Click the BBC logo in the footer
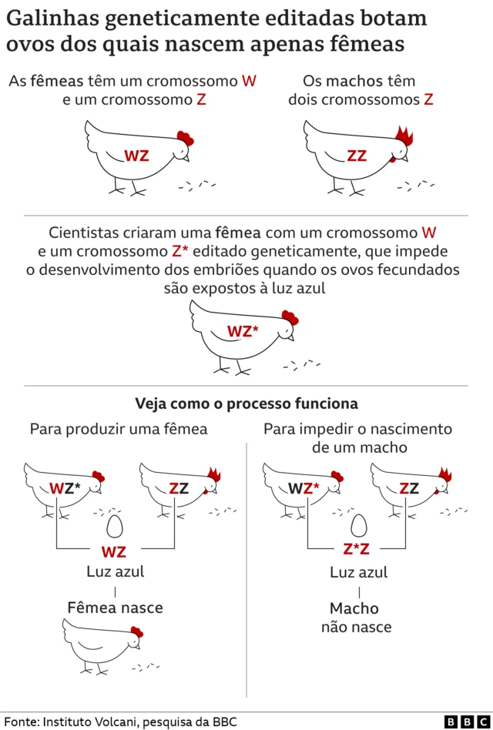tap(461, 722)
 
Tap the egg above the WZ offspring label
tap(114, 527)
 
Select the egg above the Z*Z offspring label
tap(357, 527)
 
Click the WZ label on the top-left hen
tap(136, 156)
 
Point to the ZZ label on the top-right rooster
tap(357, 156)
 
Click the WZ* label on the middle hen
tap(243, 331)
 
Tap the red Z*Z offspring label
tap(357, 550)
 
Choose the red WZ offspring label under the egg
tap(114, 551)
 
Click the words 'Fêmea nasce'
tap(115, 608)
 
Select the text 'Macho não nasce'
tap(356, 618)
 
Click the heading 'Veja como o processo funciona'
tap(246, 404)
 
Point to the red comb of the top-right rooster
tap(404, 136)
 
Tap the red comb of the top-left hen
tap(185, 139)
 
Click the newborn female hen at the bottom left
tap(100, 645)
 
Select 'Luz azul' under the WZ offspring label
tap(115, 572)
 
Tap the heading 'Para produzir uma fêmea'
tap(119, 429)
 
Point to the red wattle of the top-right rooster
tap(394, 159)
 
